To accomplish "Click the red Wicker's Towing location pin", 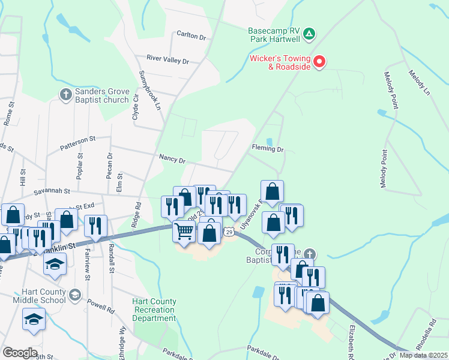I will click(x=319, y=61).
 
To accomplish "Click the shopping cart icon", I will click(x=184, y=230).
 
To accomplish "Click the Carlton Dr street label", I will click(x=191, y=35).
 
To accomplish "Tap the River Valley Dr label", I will click(x=168, y=61).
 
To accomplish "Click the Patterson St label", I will click(x=77, y=144).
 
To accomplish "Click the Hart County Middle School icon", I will click(x=74, y=294).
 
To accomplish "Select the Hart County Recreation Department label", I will click(x=154, y=310).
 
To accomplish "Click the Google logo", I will click(x=20, y=353).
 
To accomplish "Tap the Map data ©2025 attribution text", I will click(x=423, y=355).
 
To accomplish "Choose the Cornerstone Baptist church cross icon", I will click(x=309, y=254).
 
